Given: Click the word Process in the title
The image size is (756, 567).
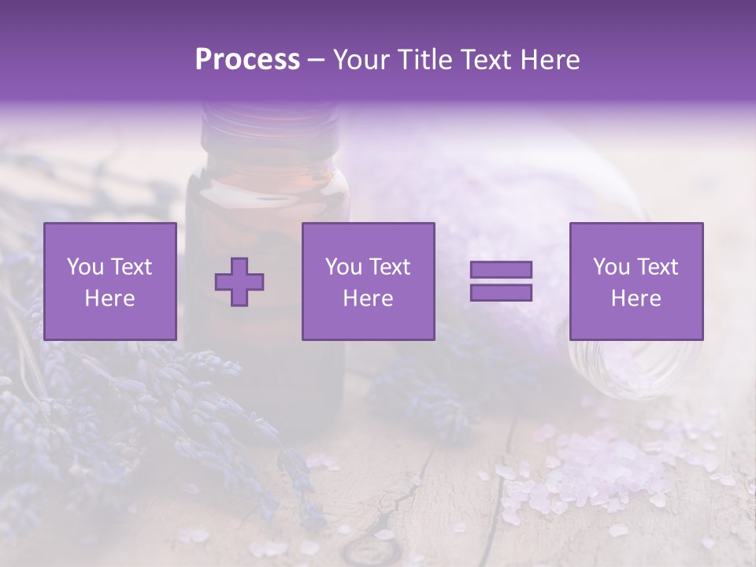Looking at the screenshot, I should click(x=247, y=61).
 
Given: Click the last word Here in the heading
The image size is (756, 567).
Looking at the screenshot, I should click(x=550, y=61).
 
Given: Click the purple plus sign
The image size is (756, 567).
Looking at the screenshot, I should click(x=239, y=282).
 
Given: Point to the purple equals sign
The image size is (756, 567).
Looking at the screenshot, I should click(x=501, y=281).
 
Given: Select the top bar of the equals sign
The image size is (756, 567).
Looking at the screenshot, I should click(x=501, y=270).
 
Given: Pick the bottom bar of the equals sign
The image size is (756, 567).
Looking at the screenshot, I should click(x=501, y=292).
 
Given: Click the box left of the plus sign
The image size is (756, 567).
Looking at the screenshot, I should click(x=110, y=282).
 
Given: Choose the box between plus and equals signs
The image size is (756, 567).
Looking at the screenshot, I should click(x=369, y=282).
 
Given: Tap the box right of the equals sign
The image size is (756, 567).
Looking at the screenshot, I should click(x=636, y=282).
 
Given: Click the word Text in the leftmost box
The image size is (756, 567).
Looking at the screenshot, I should click(x=131, y=267).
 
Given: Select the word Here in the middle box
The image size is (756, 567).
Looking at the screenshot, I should click(x=369, y=298).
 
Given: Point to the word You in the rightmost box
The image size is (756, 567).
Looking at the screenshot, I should click(x=611, y=267).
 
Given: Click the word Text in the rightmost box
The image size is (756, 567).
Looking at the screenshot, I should click(x=658, y=267).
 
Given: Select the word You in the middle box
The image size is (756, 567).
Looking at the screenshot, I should click(x=343, y=267).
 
